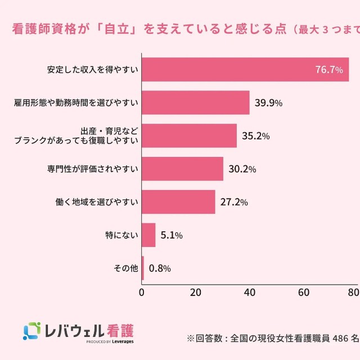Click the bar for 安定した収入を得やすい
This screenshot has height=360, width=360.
point(245,70)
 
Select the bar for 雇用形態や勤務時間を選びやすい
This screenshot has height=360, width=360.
point(195,103)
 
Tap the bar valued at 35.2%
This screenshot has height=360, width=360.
point(189,136)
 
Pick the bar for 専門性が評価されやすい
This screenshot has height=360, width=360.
point(182,169)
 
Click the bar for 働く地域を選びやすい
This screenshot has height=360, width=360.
point(178,202)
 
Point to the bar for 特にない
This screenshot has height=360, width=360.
point(148,235)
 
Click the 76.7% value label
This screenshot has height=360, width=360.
point(329,70)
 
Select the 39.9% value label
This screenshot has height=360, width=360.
point(268,103)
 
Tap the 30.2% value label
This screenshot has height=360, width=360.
point(242,169)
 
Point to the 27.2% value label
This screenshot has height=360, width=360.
point(234,202)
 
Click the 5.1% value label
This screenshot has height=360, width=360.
point(171,235)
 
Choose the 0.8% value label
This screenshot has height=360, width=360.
point(160,268)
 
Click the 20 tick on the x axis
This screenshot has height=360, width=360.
point(196,292)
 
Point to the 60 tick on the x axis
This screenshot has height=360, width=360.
point(304,292)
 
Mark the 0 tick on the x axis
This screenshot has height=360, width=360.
point(142,292)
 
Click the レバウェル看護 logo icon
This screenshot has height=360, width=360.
point(31,331)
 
